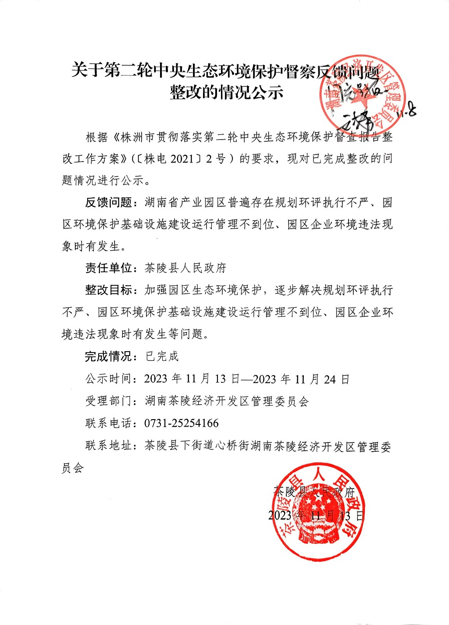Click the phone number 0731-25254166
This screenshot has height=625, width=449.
click(x=181, y=424)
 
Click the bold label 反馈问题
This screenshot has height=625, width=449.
click(x=108, y=203)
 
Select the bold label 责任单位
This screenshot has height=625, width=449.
click(x=108, y=268)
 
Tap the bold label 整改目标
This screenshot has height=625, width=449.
click(x=108, y=290)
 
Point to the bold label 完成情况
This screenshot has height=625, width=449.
click(x=108, y=356)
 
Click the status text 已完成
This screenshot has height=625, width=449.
click(x=162, y=356)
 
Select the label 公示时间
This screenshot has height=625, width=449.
click(x=108, y=379)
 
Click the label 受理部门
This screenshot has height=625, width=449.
click(x=108, y=401)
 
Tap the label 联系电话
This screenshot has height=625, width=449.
click(x=108, y=424)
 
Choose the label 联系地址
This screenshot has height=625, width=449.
click(x=108, y=446)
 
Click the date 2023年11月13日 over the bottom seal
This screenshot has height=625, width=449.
click(x=316, y=515)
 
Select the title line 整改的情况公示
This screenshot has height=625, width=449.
click(x=226, y=92)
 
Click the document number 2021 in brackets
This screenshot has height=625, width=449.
click(x=182, y=159)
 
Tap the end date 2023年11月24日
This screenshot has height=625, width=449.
click(x=301, y=379)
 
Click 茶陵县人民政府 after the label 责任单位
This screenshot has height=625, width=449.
click(x=185, y=268)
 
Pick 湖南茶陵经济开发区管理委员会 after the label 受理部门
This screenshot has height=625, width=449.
click(x=227, y=401)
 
